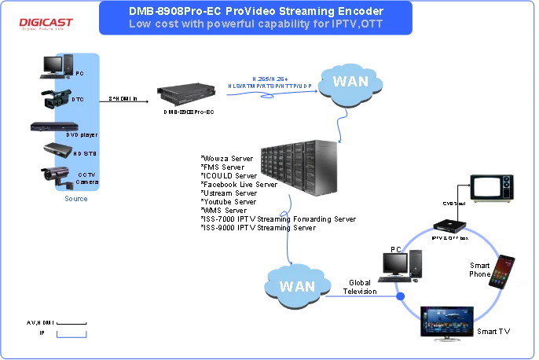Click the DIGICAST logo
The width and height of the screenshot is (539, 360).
point(47,23)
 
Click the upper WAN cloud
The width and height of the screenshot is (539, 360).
point(349,81)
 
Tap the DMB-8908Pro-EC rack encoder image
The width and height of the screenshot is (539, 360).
point(186,93)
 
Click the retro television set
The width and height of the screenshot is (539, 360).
point(492,189)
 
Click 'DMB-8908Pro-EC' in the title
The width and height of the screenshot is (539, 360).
point(171,12)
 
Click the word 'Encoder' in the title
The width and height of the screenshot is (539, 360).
point(361,12)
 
